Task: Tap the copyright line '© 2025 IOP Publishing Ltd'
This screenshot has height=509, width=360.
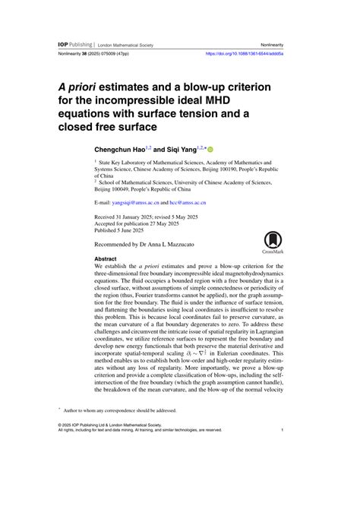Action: coord(103,425)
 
